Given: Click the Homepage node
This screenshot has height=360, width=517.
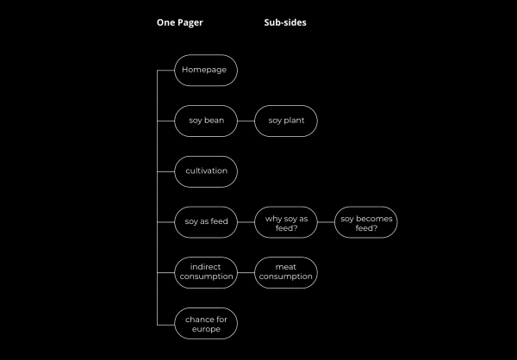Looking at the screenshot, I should [x=206, y=70].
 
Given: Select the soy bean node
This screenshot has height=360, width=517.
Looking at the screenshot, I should [x=206, y=121].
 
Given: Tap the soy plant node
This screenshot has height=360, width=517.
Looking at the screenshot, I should [x=286, y=121].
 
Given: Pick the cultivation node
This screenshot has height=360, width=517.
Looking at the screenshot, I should [x=206, y=171].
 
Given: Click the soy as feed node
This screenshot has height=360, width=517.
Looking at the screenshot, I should [x=206, y=222].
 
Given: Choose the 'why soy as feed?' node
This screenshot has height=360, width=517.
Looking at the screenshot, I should [x=286, y=222].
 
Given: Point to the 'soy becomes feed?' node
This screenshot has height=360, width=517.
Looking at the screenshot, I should [x=366, y=222].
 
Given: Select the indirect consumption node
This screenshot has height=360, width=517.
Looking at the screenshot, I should [x=206, y=273].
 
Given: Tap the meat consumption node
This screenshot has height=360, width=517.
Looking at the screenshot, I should [x=286, y=273].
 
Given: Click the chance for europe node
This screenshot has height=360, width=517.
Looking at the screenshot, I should [x=206, y=324].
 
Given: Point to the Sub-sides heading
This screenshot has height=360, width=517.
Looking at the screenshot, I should [x=285, y=23].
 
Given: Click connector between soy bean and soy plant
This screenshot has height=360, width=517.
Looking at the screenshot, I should [x=246, y=121].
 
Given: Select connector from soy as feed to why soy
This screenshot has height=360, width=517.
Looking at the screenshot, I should [x=246, y=222].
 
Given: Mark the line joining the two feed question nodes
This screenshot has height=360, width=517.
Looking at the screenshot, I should [x=326, y=222].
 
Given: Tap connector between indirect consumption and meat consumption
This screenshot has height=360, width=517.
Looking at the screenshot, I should [x=246, y=273].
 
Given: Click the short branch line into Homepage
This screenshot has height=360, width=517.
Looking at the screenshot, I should [x=165, y=70].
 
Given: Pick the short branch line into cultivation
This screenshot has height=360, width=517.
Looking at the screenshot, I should [x=165, y=171].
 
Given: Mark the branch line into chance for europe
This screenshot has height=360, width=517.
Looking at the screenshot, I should [x=165, y=324].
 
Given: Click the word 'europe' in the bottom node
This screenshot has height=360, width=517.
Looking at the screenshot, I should [x=206, y=329].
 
